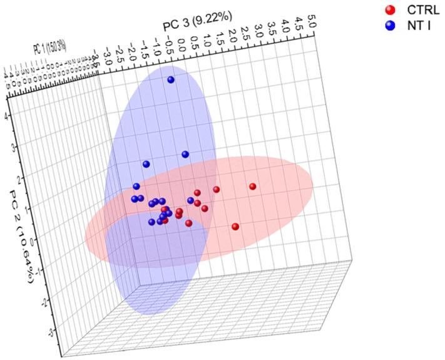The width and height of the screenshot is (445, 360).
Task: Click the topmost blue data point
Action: click(x=171, y=80)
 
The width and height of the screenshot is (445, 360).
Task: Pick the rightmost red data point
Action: click(x=253, y=187)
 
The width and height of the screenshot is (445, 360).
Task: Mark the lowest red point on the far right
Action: click(x=235, y=227)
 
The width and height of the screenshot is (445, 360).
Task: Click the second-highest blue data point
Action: click(x=185, y=154)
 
